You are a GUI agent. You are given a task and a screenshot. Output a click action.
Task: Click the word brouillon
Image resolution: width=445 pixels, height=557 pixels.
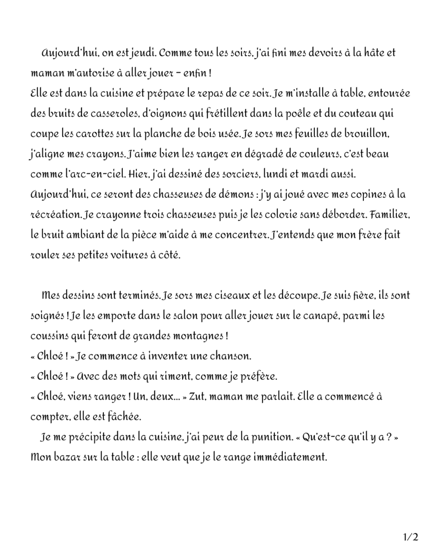[368, 134]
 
